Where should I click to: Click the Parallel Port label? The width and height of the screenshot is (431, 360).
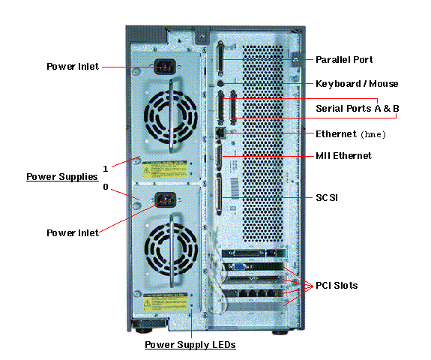coord(344,59)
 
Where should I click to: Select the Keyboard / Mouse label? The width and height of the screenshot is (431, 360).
coord(357,83)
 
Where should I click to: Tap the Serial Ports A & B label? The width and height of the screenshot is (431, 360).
coord(358,108)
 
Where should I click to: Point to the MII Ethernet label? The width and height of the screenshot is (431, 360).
coord(344,155)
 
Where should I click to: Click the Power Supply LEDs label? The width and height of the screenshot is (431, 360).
coord(190,345)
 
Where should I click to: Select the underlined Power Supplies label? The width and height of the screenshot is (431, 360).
coord(62,177)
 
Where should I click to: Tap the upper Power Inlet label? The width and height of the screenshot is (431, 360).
coord(72,66)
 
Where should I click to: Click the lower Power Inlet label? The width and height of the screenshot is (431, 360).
coord(72,232)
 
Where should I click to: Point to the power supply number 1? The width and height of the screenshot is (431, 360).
coord(106,168)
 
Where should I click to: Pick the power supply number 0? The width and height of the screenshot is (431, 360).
coord(106,187)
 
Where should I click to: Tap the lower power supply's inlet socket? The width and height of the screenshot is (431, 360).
coord(165,200)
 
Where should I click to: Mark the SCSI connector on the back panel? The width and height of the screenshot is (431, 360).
coord(220,197)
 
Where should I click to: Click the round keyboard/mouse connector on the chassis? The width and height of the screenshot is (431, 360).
coord(220,82)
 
